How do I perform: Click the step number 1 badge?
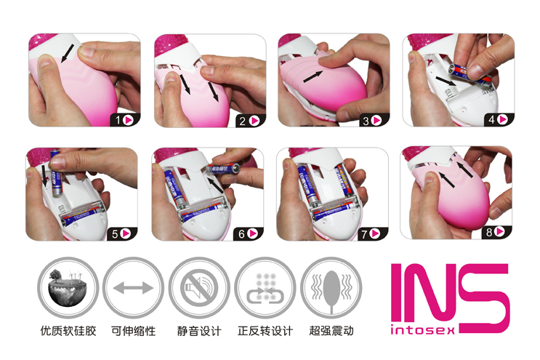[125, 120]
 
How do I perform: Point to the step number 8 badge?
[496, 232]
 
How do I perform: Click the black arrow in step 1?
[68, 53]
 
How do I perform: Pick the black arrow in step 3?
[313, 77]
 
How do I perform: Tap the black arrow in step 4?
[446, 81]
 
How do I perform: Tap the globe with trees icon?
[68, 288]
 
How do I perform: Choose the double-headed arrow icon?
[133, 288]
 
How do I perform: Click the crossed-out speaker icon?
[198, 288]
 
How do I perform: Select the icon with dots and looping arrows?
[265, 288]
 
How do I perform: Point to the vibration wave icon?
[331, 288]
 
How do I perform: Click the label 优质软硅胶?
[68, 331]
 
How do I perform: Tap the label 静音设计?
[199, 331]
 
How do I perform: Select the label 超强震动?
[331, 331]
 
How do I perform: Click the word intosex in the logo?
[422, 330]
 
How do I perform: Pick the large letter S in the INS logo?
[484, 298]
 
